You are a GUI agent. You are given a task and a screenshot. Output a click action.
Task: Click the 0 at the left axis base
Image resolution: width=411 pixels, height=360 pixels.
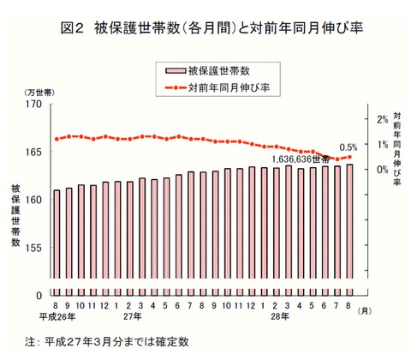coord(39,295)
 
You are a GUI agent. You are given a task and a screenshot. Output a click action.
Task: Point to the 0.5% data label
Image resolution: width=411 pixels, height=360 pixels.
coord(348,147)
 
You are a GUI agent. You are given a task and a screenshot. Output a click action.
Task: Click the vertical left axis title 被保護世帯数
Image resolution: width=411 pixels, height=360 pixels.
coord(16,213)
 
